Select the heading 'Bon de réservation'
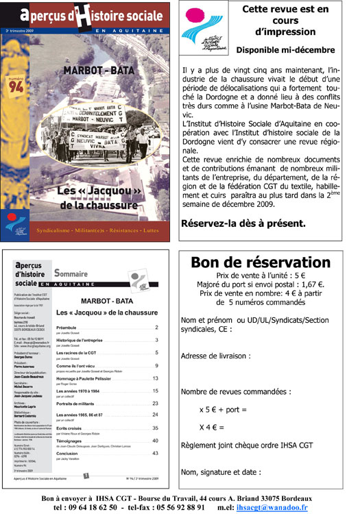point(260,263)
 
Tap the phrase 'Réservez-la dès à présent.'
point(243,223)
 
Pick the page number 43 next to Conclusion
point(155,453)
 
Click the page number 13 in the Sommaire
point(155,378)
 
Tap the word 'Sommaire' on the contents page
point(72,272)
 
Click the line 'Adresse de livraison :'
point(215,356)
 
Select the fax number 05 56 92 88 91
point(167,506)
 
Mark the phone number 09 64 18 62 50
point(88,506)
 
